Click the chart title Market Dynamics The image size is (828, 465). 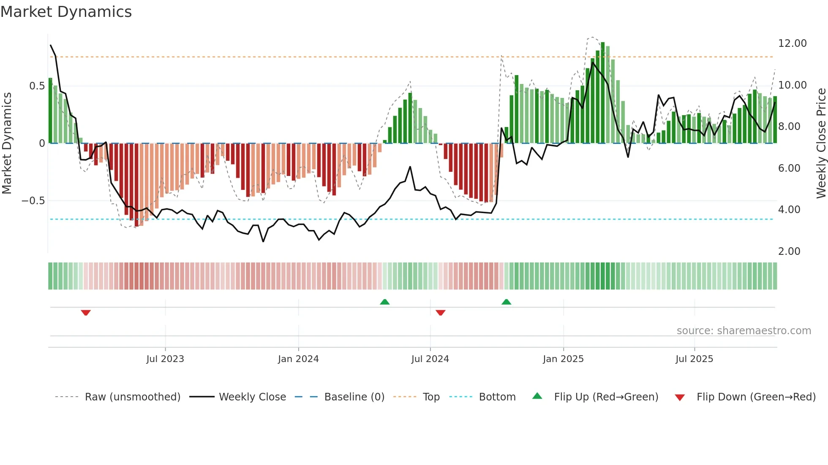tap(66, 12)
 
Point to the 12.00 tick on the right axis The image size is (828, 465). tap(792, 43)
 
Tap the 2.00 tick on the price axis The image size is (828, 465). tap(789, 251)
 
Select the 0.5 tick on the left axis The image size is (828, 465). tap(37, 86)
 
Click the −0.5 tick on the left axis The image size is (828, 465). tap(33, 201)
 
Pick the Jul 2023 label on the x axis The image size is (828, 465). tap(165, 359)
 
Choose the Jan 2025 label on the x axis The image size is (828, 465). tap(563, 359)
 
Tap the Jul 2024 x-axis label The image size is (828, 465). tap(430, 359)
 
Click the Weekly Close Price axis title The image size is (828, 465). tap(821, 143)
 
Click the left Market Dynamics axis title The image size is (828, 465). tap(7, 143)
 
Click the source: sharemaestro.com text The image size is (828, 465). tap(744, 331)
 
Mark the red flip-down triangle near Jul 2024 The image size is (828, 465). tap(440, 313)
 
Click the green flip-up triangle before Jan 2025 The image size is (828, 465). tap(506, 302)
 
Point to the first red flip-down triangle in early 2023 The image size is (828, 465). tap(86, 313)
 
